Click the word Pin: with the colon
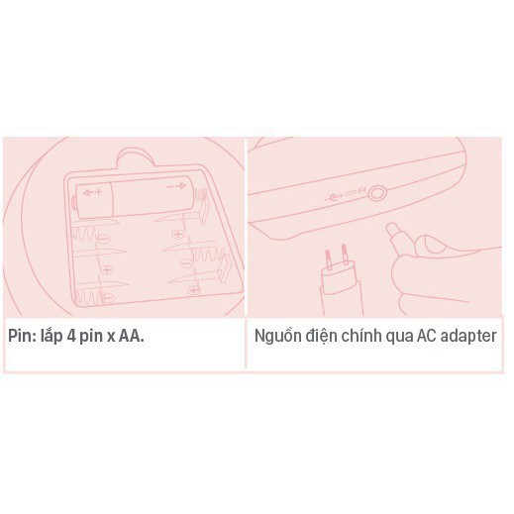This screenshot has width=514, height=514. pos(23,336)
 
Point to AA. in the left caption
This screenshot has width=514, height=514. pos(131,336)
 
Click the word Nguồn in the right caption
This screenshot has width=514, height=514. pos(279,336)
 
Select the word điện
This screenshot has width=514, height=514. pos(327,336)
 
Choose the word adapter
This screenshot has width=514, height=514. pos(476,336)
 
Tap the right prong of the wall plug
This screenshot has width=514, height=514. pos(344,251)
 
